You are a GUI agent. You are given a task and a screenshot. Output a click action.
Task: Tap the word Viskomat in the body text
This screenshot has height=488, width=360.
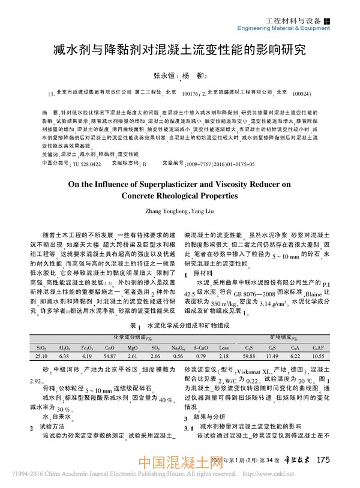pyautogui.click(x=239, y=371)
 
